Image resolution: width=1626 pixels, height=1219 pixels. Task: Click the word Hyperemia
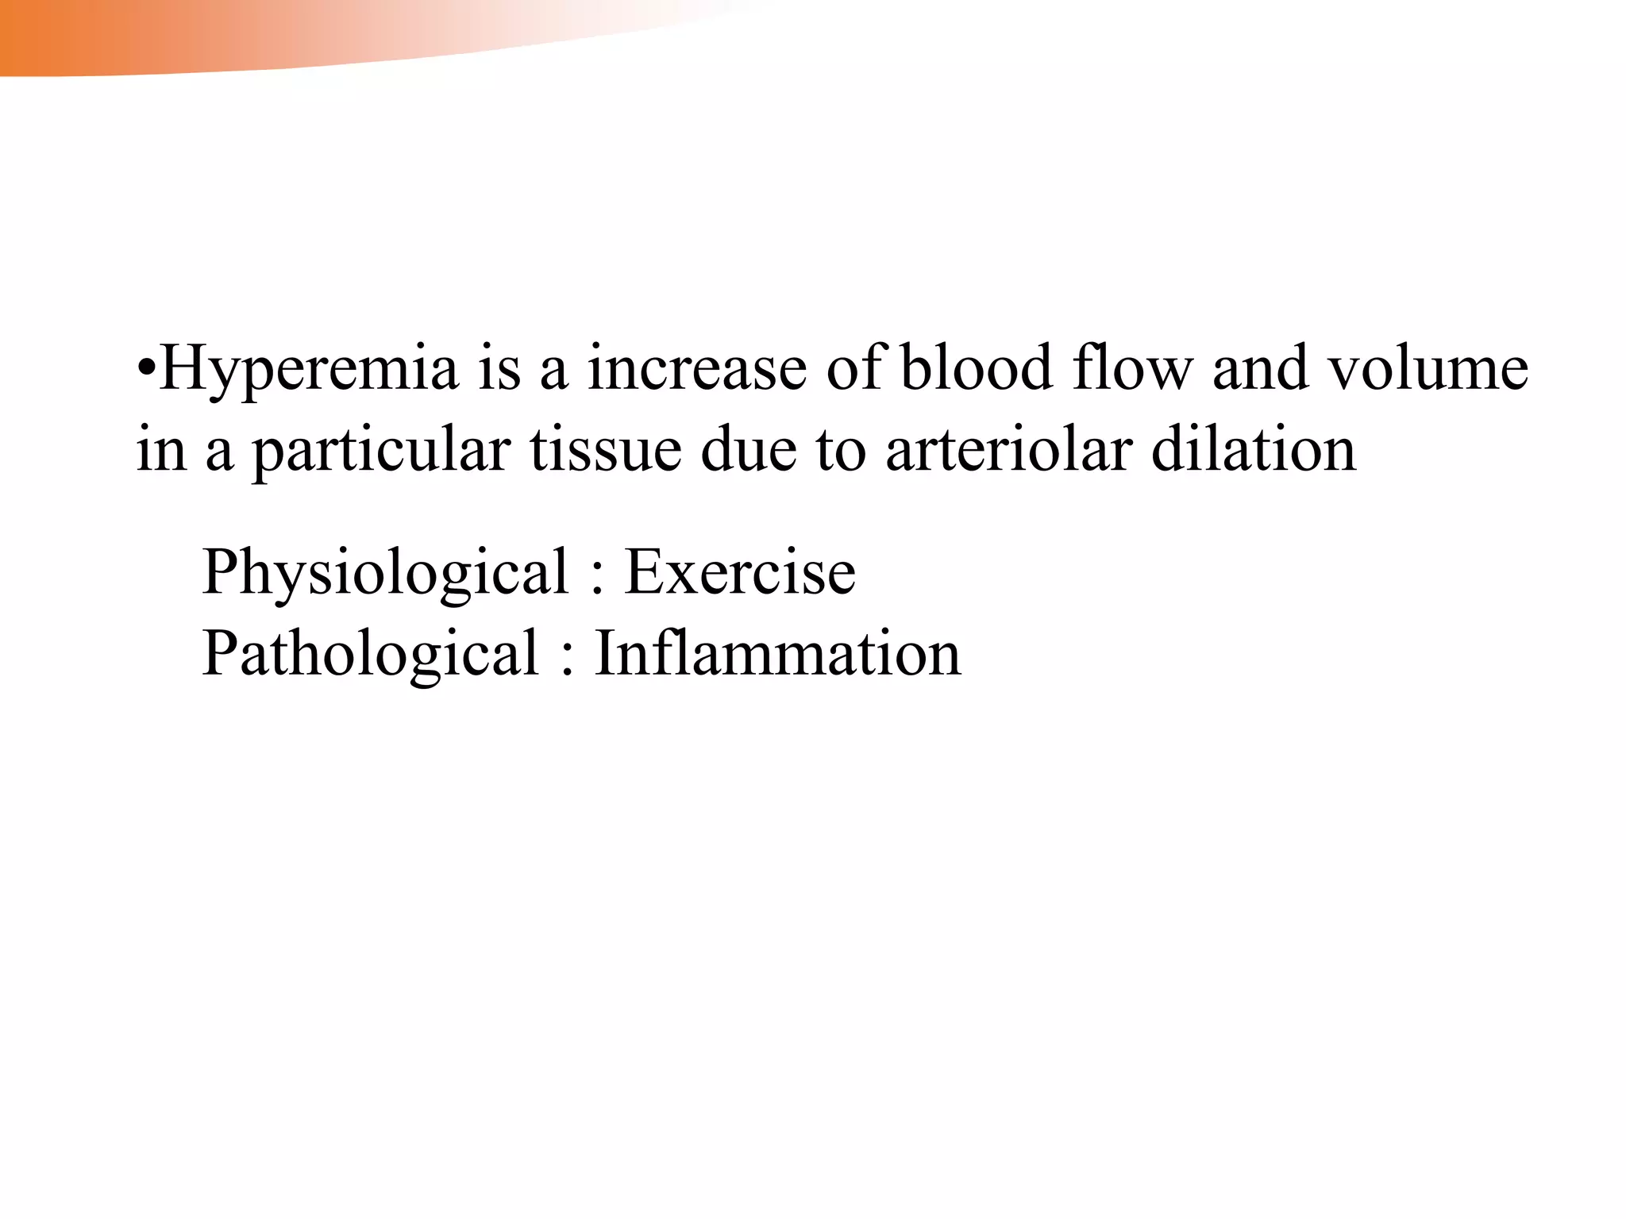tap(310, 370)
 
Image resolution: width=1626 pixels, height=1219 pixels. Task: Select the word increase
tap(696, 369)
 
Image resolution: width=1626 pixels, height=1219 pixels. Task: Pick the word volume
tap(1428, 369)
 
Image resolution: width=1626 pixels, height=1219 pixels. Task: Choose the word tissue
tap(606, 450)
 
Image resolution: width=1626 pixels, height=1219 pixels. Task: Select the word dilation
tap(1254, 450)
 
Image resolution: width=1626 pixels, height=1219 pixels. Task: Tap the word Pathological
tap(371, 654)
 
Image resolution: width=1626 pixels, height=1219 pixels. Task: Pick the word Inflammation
tap(778, 654)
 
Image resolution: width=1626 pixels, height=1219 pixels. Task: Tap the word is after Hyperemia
tap(499, 369)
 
